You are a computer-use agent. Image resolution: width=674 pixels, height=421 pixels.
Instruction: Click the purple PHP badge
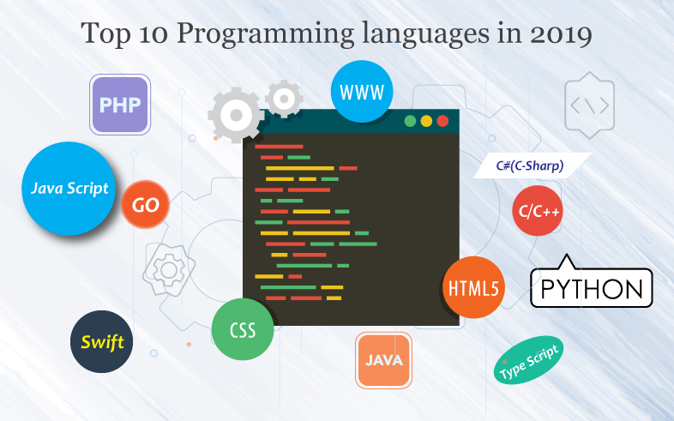pos(120,105)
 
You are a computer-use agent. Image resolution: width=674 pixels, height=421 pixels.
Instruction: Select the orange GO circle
pos(145,206)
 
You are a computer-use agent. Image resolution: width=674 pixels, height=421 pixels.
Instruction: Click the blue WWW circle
pos(362,91)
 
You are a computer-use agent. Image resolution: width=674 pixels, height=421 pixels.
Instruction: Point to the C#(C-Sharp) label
pos(531,165)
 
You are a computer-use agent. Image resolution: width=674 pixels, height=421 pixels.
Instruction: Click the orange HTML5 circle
pos(473,287)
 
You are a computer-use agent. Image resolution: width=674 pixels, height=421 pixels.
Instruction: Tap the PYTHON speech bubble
pos(592,287)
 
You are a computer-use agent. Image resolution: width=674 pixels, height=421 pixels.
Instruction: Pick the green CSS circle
pos(243,329)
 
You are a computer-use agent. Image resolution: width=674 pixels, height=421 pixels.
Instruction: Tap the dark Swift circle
pos(102,342)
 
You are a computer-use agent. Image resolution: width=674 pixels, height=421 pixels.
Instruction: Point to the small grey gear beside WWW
pos(284,99)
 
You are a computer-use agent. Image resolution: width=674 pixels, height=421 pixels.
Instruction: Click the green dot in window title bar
pos(410,121)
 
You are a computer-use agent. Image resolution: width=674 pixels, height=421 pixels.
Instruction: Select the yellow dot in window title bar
pos(426,121)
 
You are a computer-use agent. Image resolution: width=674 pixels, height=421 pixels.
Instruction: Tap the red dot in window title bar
pos(442,121)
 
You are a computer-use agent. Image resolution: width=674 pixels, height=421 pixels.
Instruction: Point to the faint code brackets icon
pos(590,105)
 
